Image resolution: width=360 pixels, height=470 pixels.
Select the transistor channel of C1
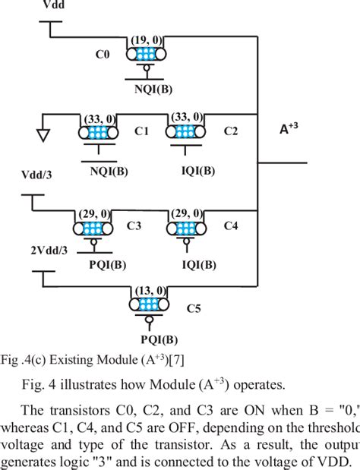97,132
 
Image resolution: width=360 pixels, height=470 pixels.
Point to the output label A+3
289,128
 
